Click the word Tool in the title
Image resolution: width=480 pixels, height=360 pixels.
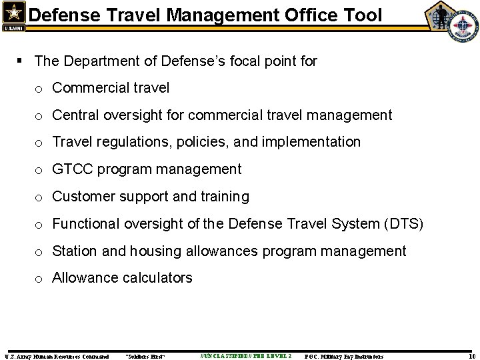coord(361,14)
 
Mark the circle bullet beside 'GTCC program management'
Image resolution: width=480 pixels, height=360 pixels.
coord(41,171)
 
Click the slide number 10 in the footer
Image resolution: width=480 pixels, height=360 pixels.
coord(471,357)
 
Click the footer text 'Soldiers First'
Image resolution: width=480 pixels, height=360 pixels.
coord(145,357)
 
